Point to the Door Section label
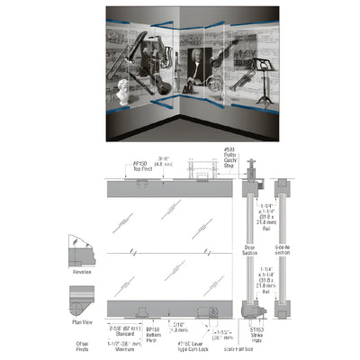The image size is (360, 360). point(249,247)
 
